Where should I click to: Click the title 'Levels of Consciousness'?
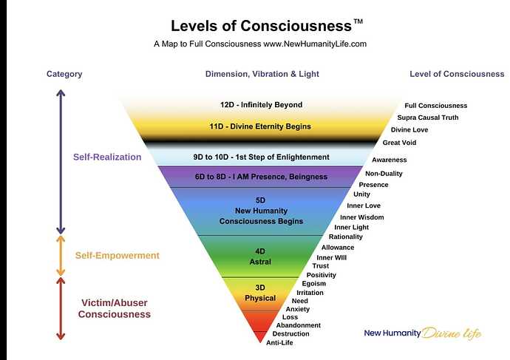click(260, 25)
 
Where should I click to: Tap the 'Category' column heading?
click(64, 74)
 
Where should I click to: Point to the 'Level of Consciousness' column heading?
click(457, 74)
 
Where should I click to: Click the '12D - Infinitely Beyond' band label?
click(261, 105)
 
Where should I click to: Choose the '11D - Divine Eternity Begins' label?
click(259, 126)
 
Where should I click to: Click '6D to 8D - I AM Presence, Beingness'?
click(260, 177)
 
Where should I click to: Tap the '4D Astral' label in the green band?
click(259, 256)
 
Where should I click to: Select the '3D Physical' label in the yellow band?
click(260, 293)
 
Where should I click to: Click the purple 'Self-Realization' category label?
click(106, 157)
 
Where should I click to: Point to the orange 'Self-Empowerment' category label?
click(117, 256)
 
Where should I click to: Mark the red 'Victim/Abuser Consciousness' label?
click(115, 308)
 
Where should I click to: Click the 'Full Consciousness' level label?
click(435, 106)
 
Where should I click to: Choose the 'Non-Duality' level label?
click(384, 174)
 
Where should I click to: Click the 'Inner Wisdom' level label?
click(361, 217)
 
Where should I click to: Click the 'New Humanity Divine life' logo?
click(422, 333)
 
